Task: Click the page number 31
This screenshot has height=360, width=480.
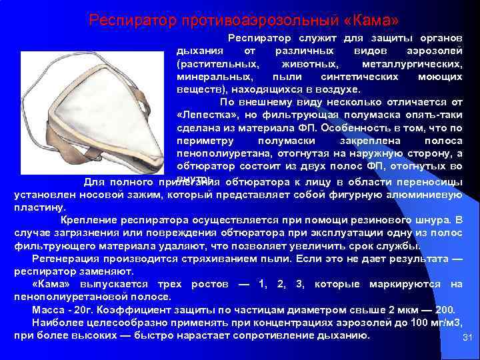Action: pyautogui.click(x=467, y=338)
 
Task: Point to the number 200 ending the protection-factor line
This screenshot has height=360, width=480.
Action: pyautogui.click(x=445, y=310)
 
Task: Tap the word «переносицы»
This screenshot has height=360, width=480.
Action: pyautogui.click(x=428, y=182)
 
